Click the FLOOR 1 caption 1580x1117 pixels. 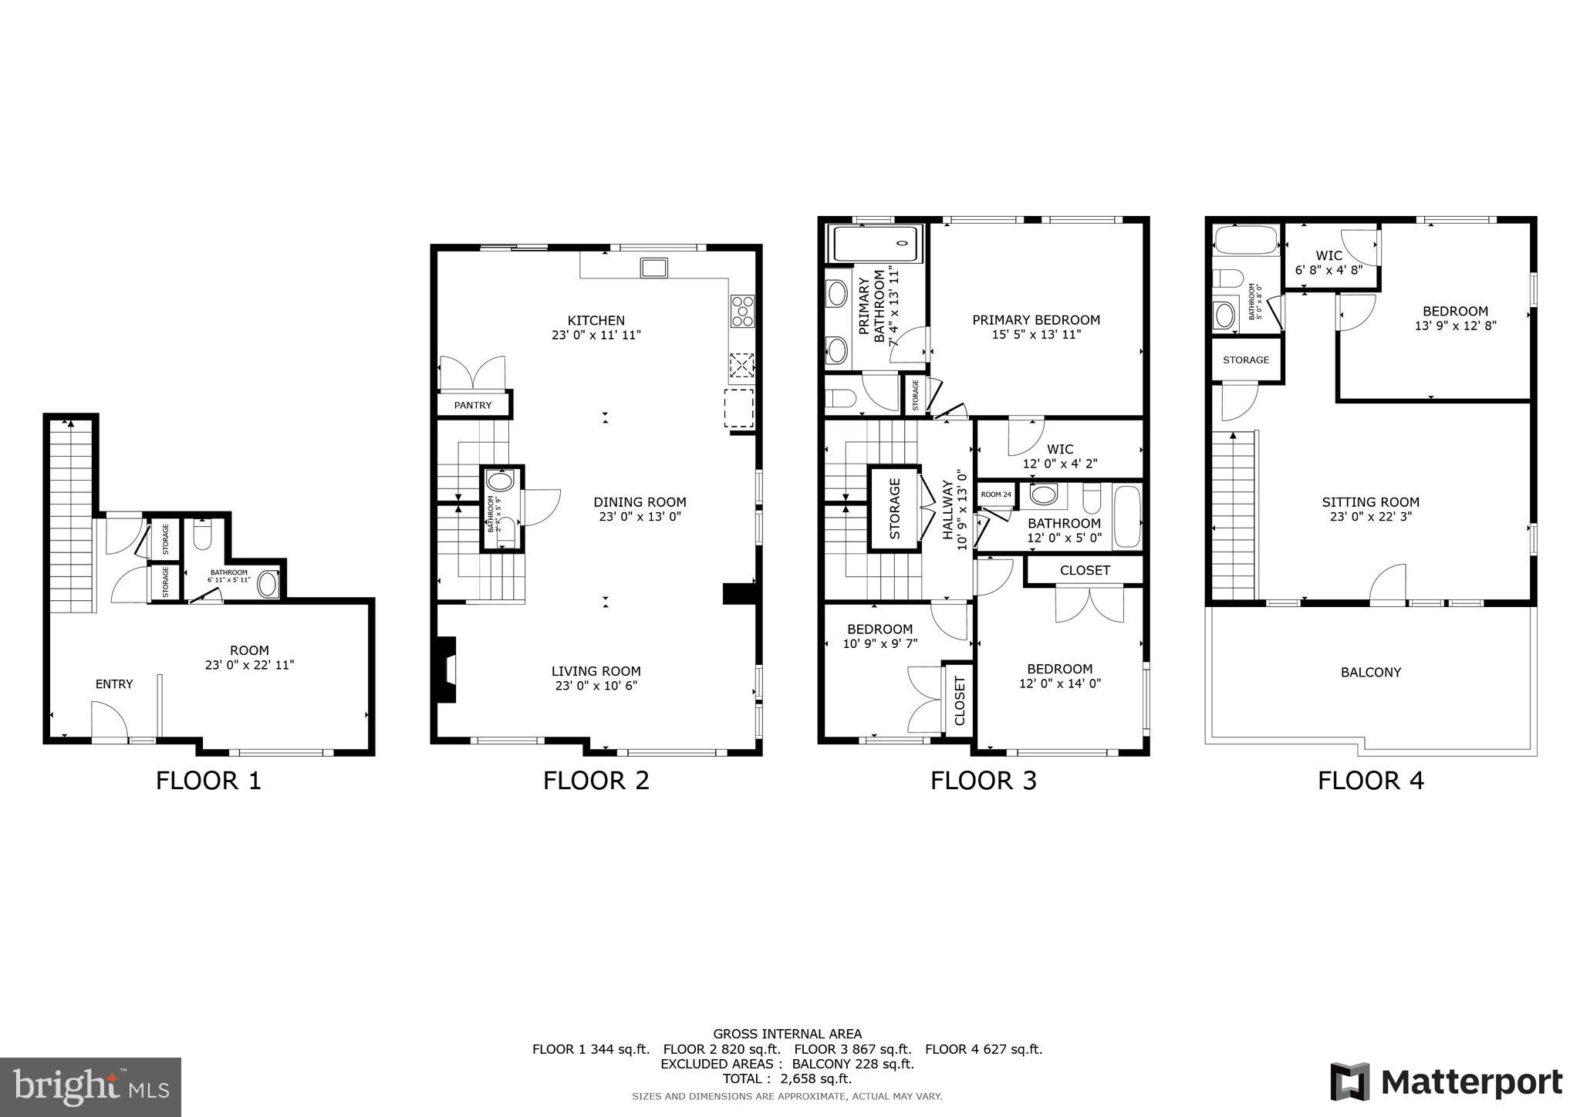tap(208, 781)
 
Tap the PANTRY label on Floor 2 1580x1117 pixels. tap(472, 405)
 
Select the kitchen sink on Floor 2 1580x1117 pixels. tap(653, 268)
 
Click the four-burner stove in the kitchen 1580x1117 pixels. tap(742, 312)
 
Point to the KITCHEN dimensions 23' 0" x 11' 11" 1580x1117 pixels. tap(596, 335)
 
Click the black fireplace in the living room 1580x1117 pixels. tap(446, 669)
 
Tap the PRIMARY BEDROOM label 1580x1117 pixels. tap(1035, 319)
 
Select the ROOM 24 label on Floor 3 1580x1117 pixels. tap(996, 494)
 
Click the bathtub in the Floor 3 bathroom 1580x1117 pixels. tap(1127, 516)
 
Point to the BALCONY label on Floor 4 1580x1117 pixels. tap(1370, 672)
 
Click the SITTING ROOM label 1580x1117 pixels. tap(1370, 502)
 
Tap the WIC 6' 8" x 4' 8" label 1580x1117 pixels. tap(1328, 262)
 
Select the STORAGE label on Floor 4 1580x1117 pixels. tap(1245, 360)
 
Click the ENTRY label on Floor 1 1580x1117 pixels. tap(114, 684)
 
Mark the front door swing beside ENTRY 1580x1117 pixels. tap(109, 720)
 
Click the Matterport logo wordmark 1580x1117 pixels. tap(1447, 1082)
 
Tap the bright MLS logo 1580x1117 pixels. tap(91, 1087)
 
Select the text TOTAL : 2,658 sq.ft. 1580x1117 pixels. tap(787, 1078)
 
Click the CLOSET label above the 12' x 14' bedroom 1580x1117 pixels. tap(1085, 570)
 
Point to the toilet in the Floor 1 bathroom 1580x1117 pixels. tap(202, 537)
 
